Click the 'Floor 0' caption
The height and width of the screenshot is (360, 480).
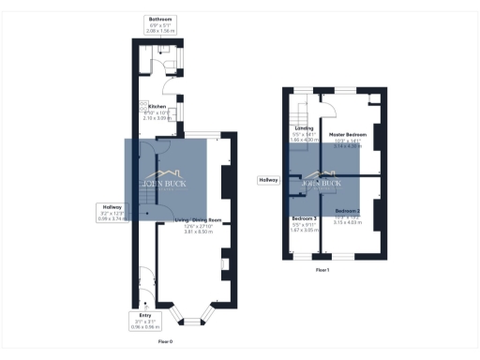164,342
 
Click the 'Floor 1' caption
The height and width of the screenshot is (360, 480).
322,269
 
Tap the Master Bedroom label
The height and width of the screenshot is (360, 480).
348,135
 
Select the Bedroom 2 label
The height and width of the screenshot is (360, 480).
348,211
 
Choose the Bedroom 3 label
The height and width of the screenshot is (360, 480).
303,218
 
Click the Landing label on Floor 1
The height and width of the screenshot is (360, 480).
304,127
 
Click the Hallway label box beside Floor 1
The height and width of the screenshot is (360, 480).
270,180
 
